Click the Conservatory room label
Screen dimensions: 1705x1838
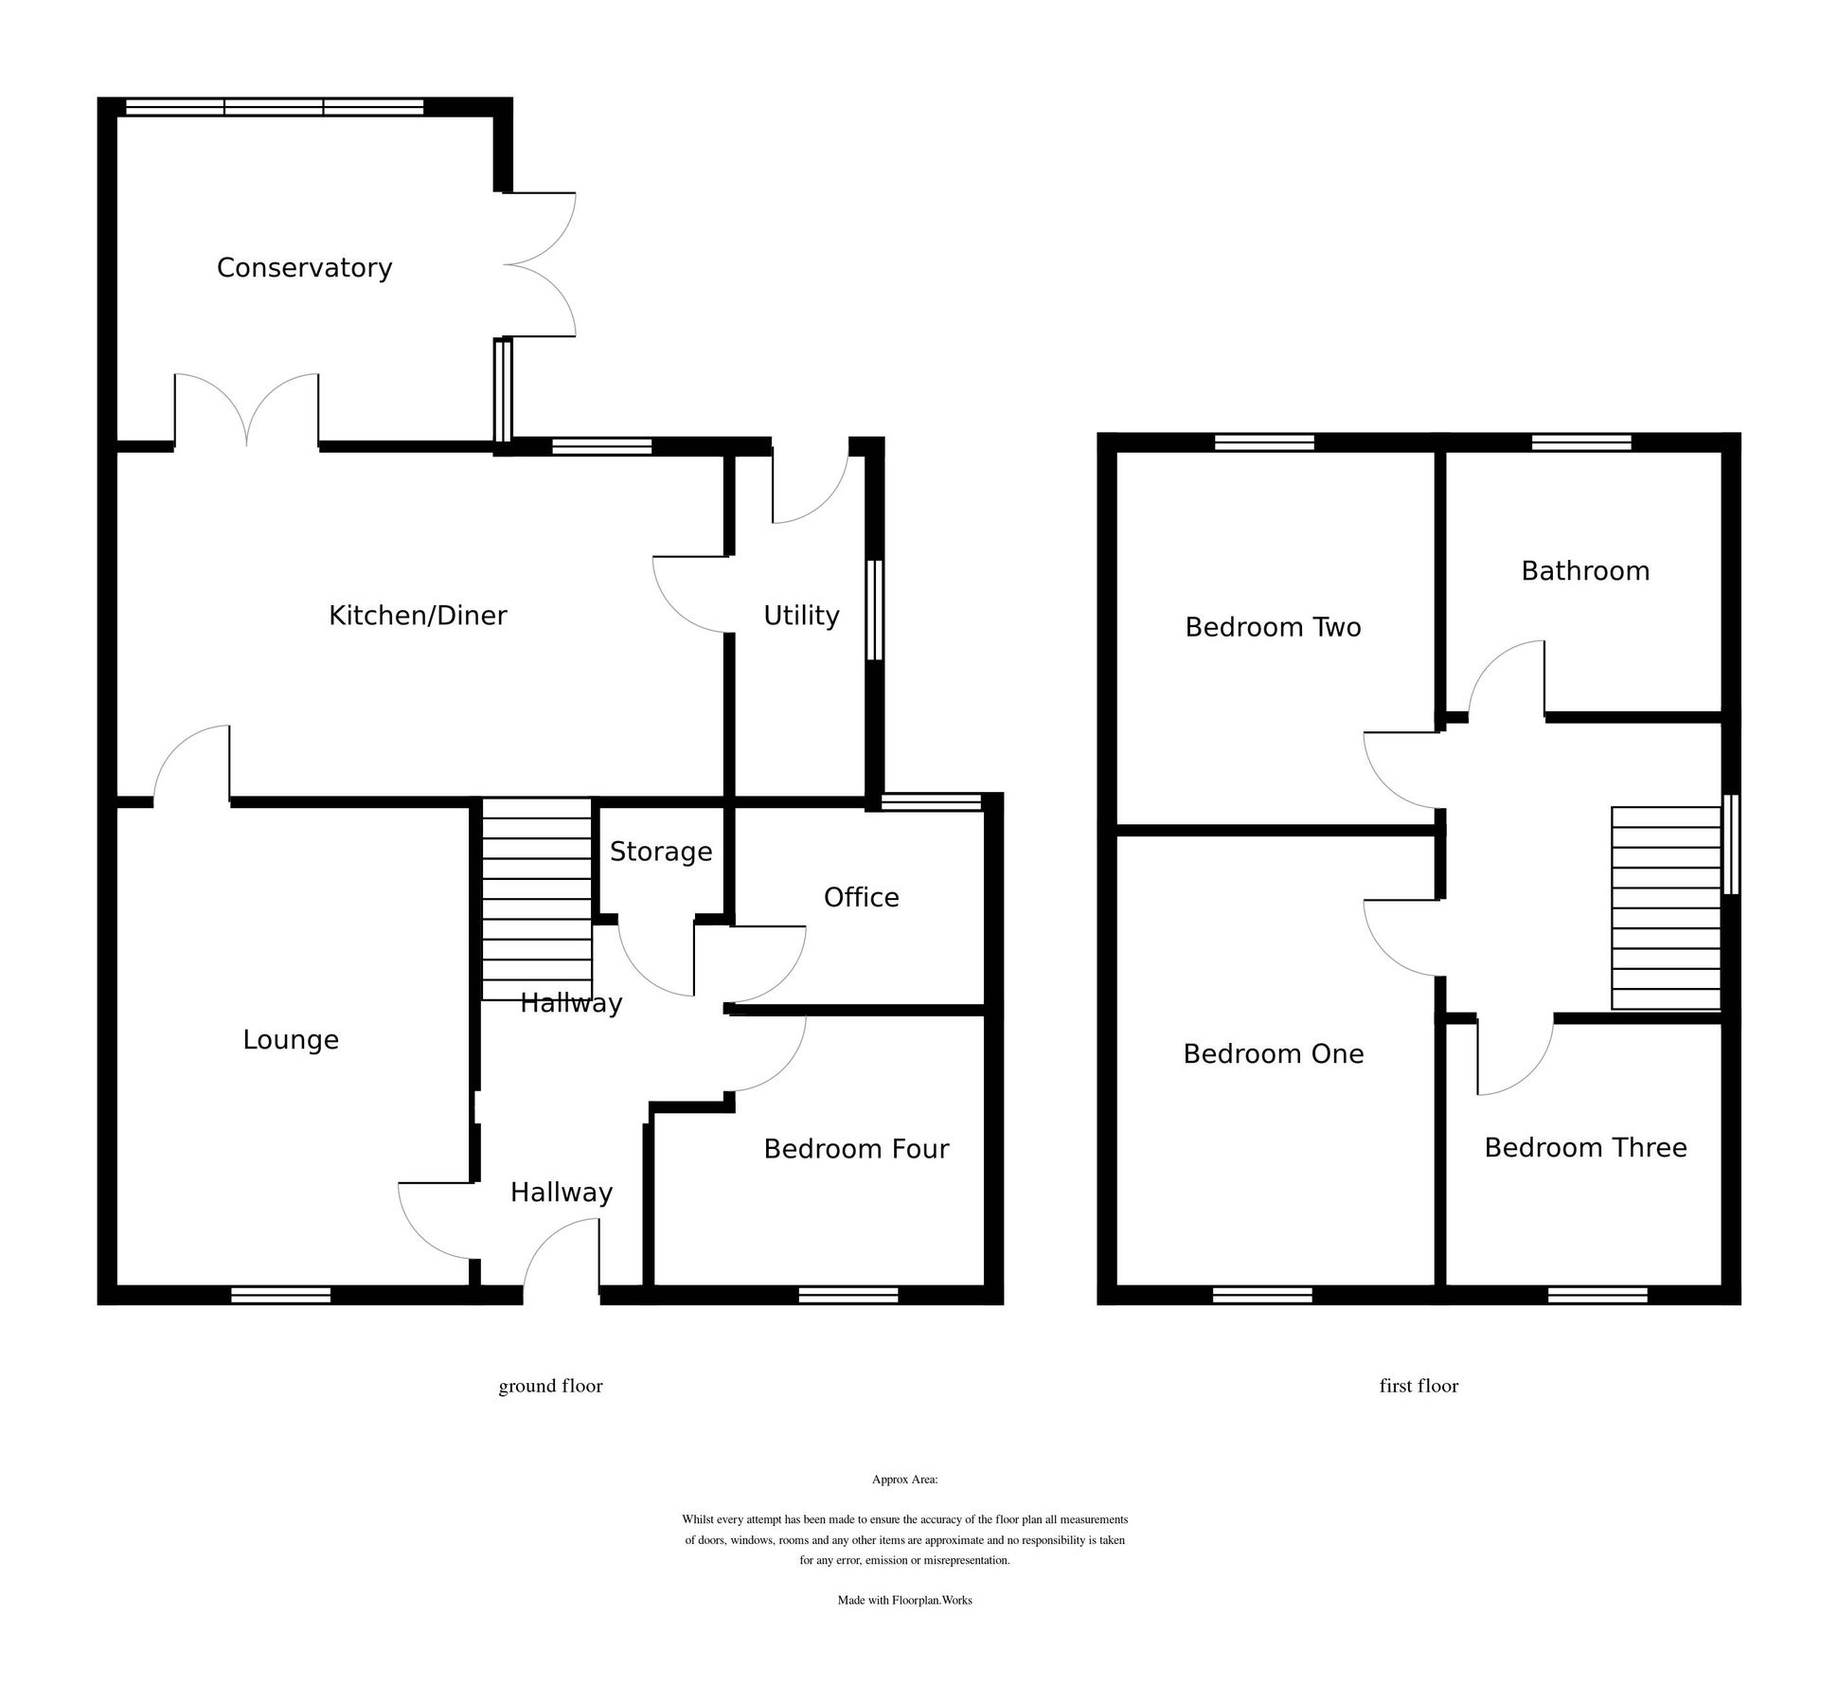point(304,268)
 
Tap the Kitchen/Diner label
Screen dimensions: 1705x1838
point(418,616)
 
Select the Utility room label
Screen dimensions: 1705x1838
point(801,616)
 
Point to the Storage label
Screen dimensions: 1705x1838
point(660,852)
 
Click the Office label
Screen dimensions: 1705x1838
point(861,897)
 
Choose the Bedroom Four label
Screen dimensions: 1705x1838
point(856,1149)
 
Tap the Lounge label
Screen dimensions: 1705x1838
point(291,1040)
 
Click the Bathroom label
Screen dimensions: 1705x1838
point(1584,571)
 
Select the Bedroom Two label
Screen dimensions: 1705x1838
point(1273,627)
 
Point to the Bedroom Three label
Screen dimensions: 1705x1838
point(1584,1148)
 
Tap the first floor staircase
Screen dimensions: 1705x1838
point(1665,907)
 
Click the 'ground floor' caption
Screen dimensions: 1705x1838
point(550,1386)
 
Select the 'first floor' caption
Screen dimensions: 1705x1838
point(1418,1386)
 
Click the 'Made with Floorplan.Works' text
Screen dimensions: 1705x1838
point(904,1601)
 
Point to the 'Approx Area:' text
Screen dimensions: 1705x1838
point(904,1480)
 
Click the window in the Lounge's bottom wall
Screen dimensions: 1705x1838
point(281,1295)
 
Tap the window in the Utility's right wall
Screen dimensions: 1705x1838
point(874,610)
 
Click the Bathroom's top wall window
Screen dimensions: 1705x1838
point(1580,442)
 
